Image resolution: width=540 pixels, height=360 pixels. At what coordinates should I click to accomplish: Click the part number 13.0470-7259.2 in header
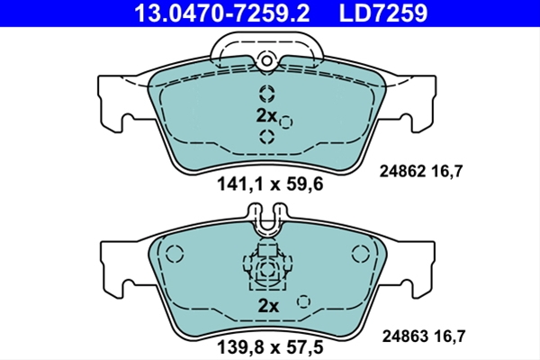221,13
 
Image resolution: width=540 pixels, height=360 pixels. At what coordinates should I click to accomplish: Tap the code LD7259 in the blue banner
383,13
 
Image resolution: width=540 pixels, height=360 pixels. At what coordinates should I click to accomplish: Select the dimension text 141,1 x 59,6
270,184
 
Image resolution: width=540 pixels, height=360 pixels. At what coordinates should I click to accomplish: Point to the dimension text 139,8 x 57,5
270,346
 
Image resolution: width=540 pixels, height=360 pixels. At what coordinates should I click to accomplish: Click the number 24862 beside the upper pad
402,171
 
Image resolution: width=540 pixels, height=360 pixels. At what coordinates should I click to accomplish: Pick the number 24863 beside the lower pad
405,336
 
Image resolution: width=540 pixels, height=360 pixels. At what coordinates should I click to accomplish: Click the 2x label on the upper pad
266,116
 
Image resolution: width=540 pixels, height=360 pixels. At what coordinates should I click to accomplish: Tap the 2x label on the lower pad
268,306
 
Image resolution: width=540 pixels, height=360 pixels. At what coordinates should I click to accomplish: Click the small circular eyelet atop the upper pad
266,61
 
